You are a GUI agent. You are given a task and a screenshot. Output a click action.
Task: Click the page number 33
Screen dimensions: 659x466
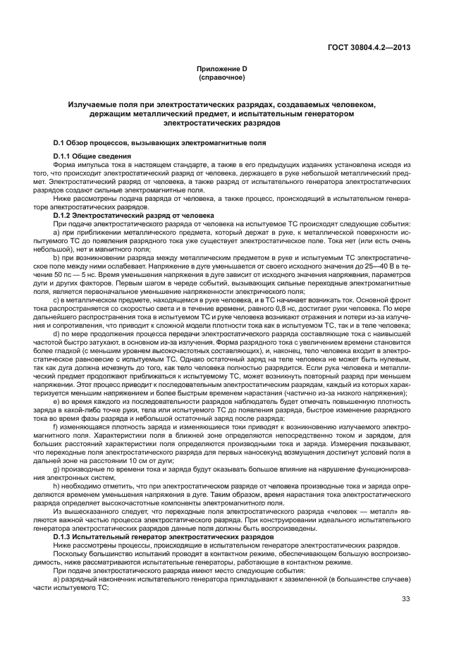[405, 599]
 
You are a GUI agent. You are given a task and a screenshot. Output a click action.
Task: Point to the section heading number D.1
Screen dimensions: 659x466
[61, 142]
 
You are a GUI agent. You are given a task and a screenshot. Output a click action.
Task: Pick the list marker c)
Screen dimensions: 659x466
[56, 298]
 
